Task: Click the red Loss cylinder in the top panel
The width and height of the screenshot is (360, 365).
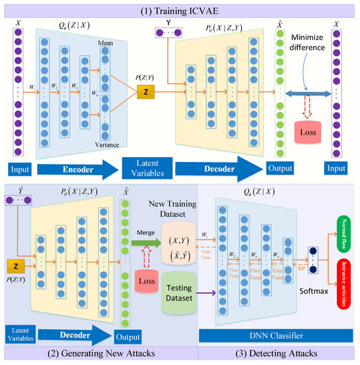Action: (x=308, y=132)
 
